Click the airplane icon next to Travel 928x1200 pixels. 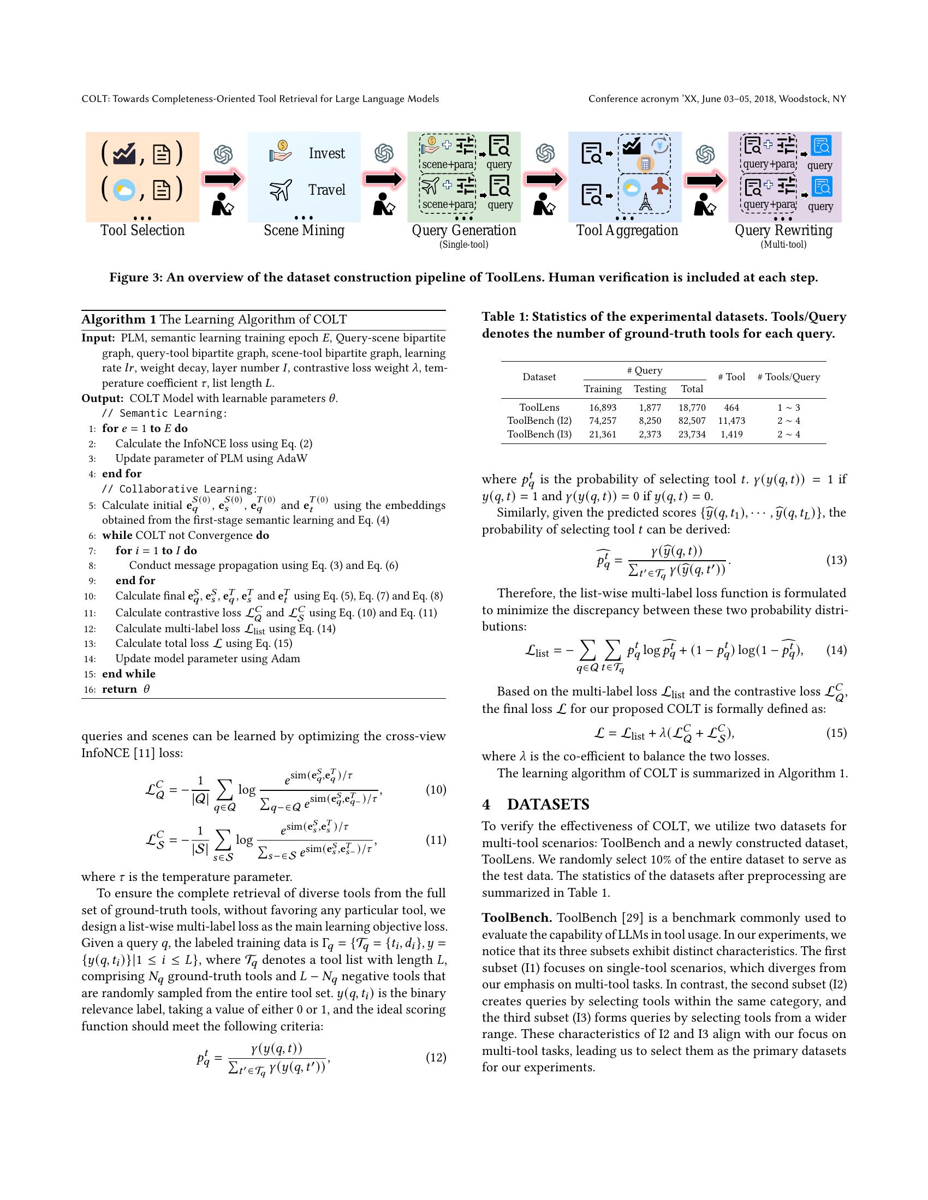[280, 191]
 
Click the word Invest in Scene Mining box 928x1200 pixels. [326, 153]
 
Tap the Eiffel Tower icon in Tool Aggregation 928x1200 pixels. [645, 202]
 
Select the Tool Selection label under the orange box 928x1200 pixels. [142, 230]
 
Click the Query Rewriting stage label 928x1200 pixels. [783, 230]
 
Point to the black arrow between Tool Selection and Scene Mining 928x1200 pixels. [223, 179]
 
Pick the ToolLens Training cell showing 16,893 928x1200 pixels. [603, 407]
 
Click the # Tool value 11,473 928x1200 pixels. [731, 421]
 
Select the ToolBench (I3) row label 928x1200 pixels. [539, 434]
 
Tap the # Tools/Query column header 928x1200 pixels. [788, 377]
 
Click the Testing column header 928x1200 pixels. [650, 389]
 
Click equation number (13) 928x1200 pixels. [836, 560]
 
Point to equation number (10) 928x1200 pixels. [436, 790]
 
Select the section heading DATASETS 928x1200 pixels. [548, 805]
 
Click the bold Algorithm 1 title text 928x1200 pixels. [119, 320]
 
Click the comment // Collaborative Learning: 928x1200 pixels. [179, 489]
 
